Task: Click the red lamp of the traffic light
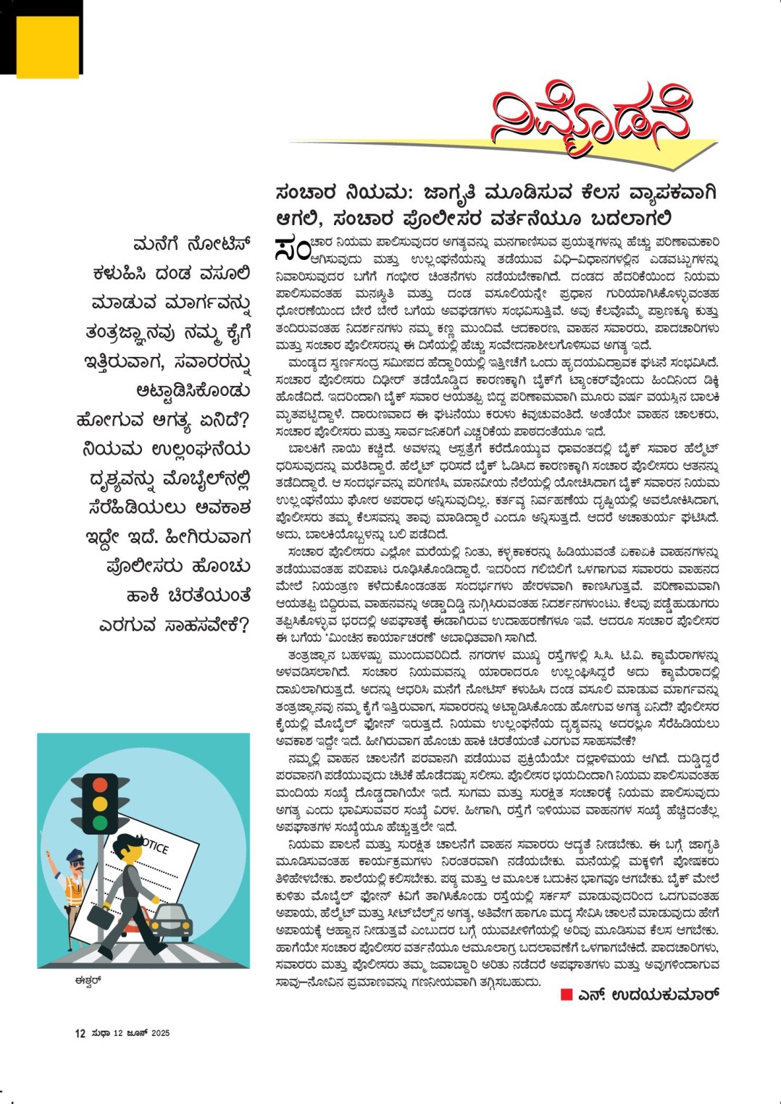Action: tap(100, 785)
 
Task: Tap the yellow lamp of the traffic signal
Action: tap(100, 804)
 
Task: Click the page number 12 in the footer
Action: tap(80, 1033)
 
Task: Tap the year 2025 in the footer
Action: tap(160, 1033)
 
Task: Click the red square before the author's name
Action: tap(567, 995)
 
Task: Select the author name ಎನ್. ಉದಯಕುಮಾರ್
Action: tap(648, 995)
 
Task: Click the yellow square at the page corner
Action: tap(47, 46)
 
